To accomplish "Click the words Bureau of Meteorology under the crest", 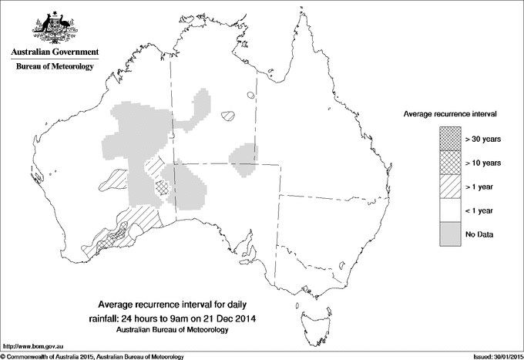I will click(x=54, y=67).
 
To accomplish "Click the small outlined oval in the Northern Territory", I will click(x=227, y=116).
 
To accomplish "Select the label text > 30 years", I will click(x=483, y=139).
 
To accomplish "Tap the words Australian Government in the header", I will click(x=54, y=52).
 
